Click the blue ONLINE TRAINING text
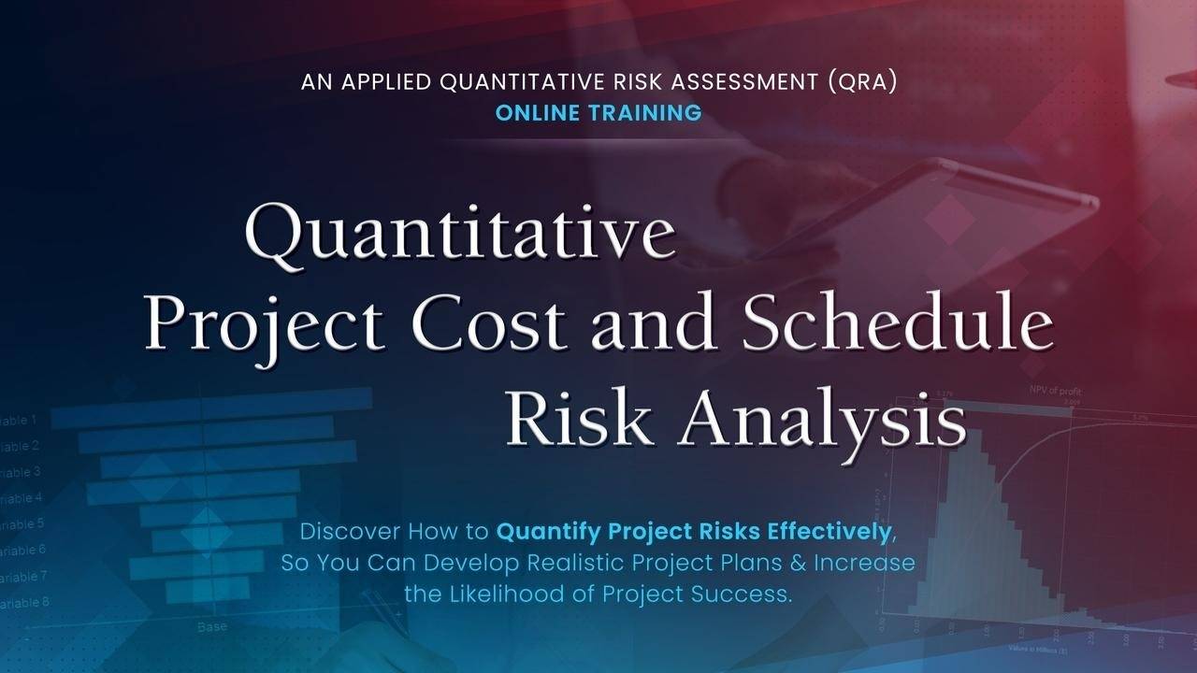(598, 113)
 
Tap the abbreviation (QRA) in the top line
(862, 82)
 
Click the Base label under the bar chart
(211, 626)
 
